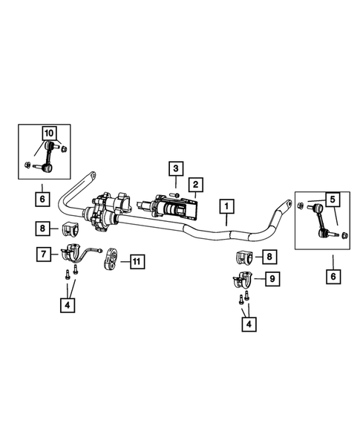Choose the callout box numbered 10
[x=49, y=134]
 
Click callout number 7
[x=44, y=254]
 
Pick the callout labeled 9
[x=272, y=279]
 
